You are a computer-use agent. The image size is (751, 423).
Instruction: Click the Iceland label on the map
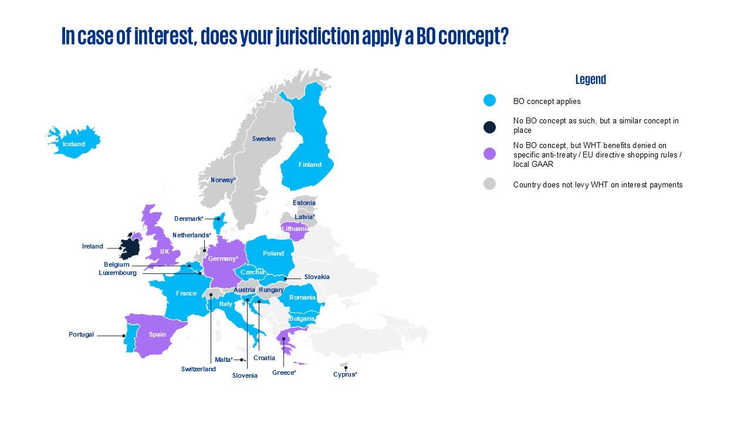pyautogui.click(x=74, y=144)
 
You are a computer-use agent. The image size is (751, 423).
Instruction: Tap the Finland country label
pyautogui.click(x=310, y=164)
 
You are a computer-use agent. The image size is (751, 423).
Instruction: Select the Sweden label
pyautogui.click(x=264, y=139)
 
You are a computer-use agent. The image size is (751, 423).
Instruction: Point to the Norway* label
pyautogui.click(x=224, y=180)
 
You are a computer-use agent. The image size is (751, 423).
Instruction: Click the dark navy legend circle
pyautogui.click(x=489, y=127)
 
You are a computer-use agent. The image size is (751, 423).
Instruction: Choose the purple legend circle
pyautogui.click(x=489, y=154)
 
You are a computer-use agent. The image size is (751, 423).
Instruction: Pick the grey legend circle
pyautogui.click(x=489, y=184)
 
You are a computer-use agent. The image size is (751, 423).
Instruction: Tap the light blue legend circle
pyautogui.click(x=489, y=100)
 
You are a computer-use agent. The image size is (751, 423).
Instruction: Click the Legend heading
pyautogui.click(x=590, y=79)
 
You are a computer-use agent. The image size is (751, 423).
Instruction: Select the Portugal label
pyautogui.click(x=81, y=334)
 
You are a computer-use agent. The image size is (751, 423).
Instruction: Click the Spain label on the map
pyautogui.click(x=157, y=334)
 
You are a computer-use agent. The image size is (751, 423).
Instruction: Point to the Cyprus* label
pyautogui.click(x=345, y=374)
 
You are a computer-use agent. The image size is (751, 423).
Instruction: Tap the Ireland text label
pyautogui.click(x=93, y=246)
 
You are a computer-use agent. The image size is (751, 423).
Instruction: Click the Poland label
pyautogui.click(x=273, y=253)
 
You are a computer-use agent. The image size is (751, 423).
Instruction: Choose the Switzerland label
pyautogui.click(x=198, y=369)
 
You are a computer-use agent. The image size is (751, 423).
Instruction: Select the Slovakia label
pyautogui.click(x=317, y=277)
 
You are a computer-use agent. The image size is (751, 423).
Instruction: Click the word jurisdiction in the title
pyautogui.click(x=317, y=36)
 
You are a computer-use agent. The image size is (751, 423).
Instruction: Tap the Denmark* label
pyautogui.click(x=189, y=219)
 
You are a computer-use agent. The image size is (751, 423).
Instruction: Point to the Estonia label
pyautogui.click(x=304, y=203)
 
